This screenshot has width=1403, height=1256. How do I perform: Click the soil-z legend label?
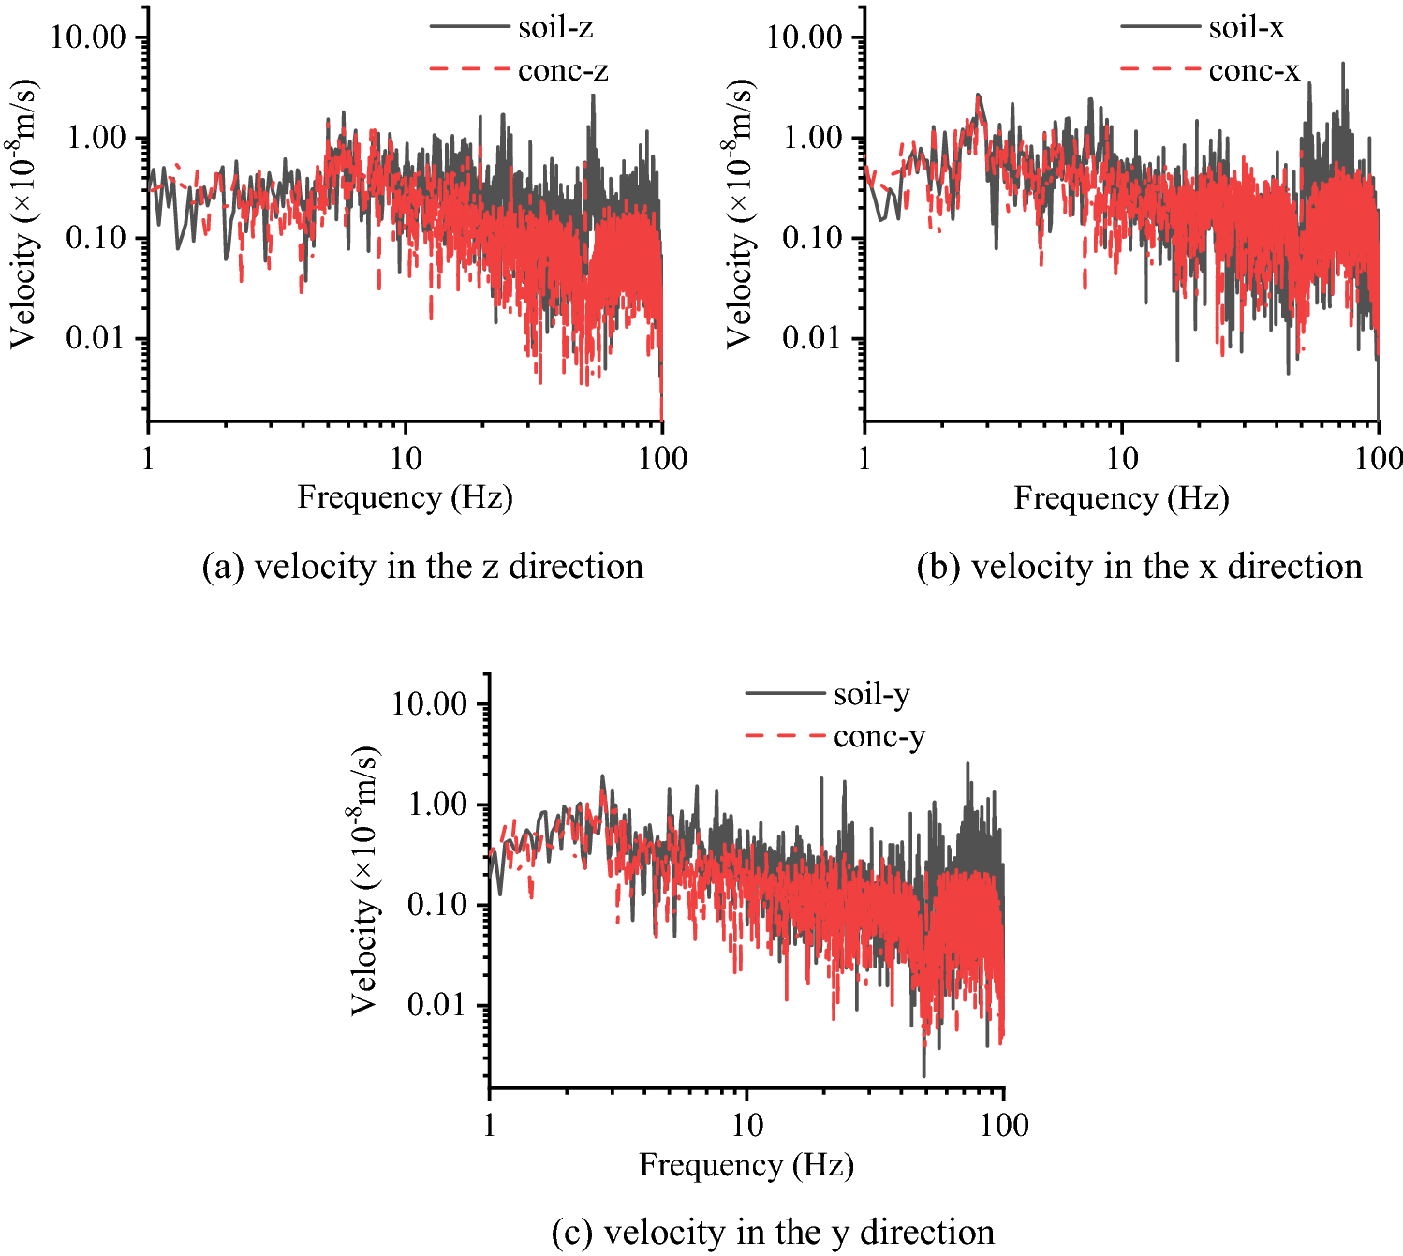(555, 28)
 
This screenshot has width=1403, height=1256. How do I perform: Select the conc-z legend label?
(563, 71)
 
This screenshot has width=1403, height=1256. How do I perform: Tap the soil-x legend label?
(1246, 28)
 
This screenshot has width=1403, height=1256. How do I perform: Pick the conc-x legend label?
(1254, 71)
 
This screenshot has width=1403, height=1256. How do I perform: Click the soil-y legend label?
(871, 694)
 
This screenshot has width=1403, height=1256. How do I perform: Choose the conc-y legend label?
(879, 737)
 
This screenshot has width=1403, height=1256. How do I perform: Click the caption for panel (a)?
(422, 567)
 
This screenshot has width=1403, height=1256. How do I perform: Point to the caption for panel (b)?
(1139, 567)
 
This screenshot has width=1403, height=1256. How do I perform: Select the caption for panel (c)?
(773, 1232)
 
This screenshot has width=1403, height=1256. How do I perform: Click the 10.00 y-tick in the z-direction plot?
(88, 38)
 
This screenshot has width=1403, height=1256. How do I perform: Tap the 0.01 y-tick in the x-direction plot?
(812, 338)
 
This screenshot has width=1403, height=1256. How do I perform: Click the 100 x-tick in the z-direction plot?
(662, 459)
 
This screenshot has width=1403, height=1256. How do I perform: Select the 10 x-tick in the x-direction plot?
(1121, 459)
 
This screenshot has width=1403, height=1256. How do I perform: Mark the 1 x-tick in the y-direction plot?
(490, 1125)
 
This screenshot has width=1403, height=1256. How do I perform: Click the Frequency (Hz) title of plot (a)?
(405, 497)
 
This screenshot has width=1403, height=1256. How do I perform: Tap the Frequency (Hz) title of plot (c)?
(746, 1165)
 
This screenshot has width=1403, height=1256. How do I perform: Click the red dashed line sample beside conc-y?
(784, 736)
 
